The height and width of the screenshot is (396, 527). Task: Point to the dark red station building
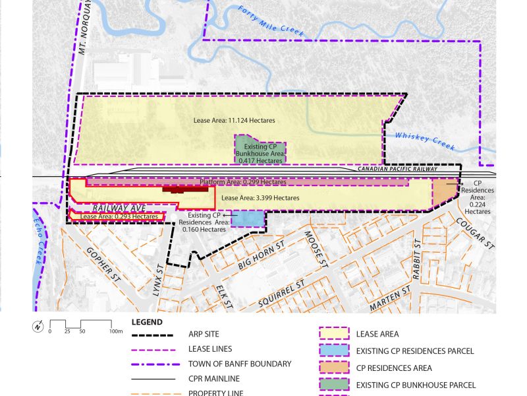186,189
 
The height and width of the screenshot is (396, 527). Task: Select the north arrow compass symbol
38,326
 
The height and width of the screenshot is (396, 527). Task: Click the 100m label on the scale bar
117,331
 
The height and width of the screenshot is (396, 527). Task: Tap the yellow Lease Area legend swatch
333,334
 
